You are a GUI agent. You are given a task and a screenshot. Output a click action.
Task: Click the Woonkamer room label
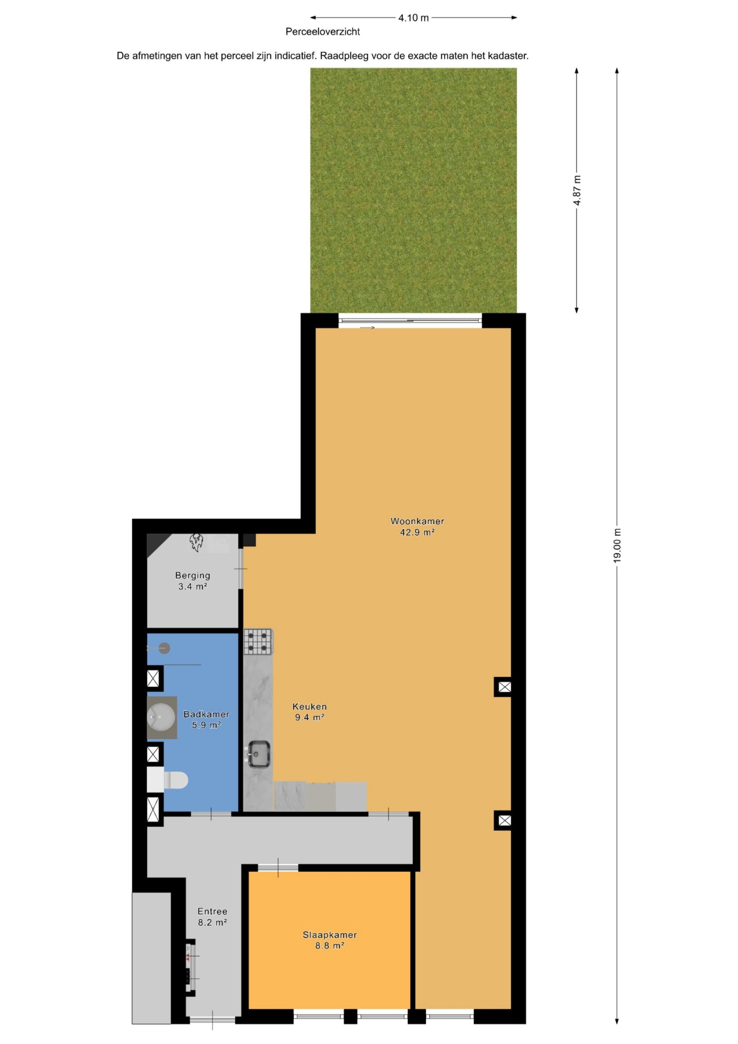pyautogui.click(x=417, y=521)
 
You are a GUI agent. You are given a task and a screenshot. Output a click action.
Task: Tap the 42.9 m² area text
pyautogui.click(x=417, y=532)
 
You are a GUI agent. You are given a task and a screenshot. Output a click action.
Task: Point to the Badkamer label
pyautogui.click(x=206, y=714)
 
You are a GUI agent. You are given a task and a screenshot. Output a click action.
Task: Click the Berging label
pyautogui.click(x=193, y=576)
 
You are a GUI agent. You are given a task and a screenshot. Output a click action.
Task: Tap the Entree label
pyautogui.click(x=212, y=911)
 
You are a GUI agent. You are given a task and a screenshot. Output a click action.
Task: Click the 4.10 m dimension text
pyautogui.click(x=413, y=18)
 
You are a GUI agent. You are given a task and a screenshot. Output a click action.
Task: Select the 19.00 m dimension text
pyautogui.click(x=617, y=546)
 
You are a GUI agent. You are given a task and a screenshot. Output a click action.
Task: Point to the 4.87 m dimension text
pyautogui.click(x=577, y=191)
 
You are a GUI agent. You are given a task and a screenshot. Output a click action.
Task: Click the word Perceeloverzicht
pyautogui.click(x=323, y=32)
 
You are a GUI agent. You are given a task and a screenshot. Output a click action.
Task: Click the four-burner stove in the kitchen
pyautogui.click(x=258, y=641)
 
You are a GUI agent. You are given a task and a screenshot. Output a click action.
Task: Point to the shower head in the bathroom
pyautogui.click(x=164, y=648)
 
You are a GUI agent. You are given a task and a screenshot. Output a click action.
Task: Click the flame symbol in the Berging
pyautogui.click(x=196, y=542)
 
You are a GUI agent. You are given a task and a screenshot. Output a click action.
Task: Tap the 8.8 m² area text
pyautogui.click(x=330, y=946)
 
